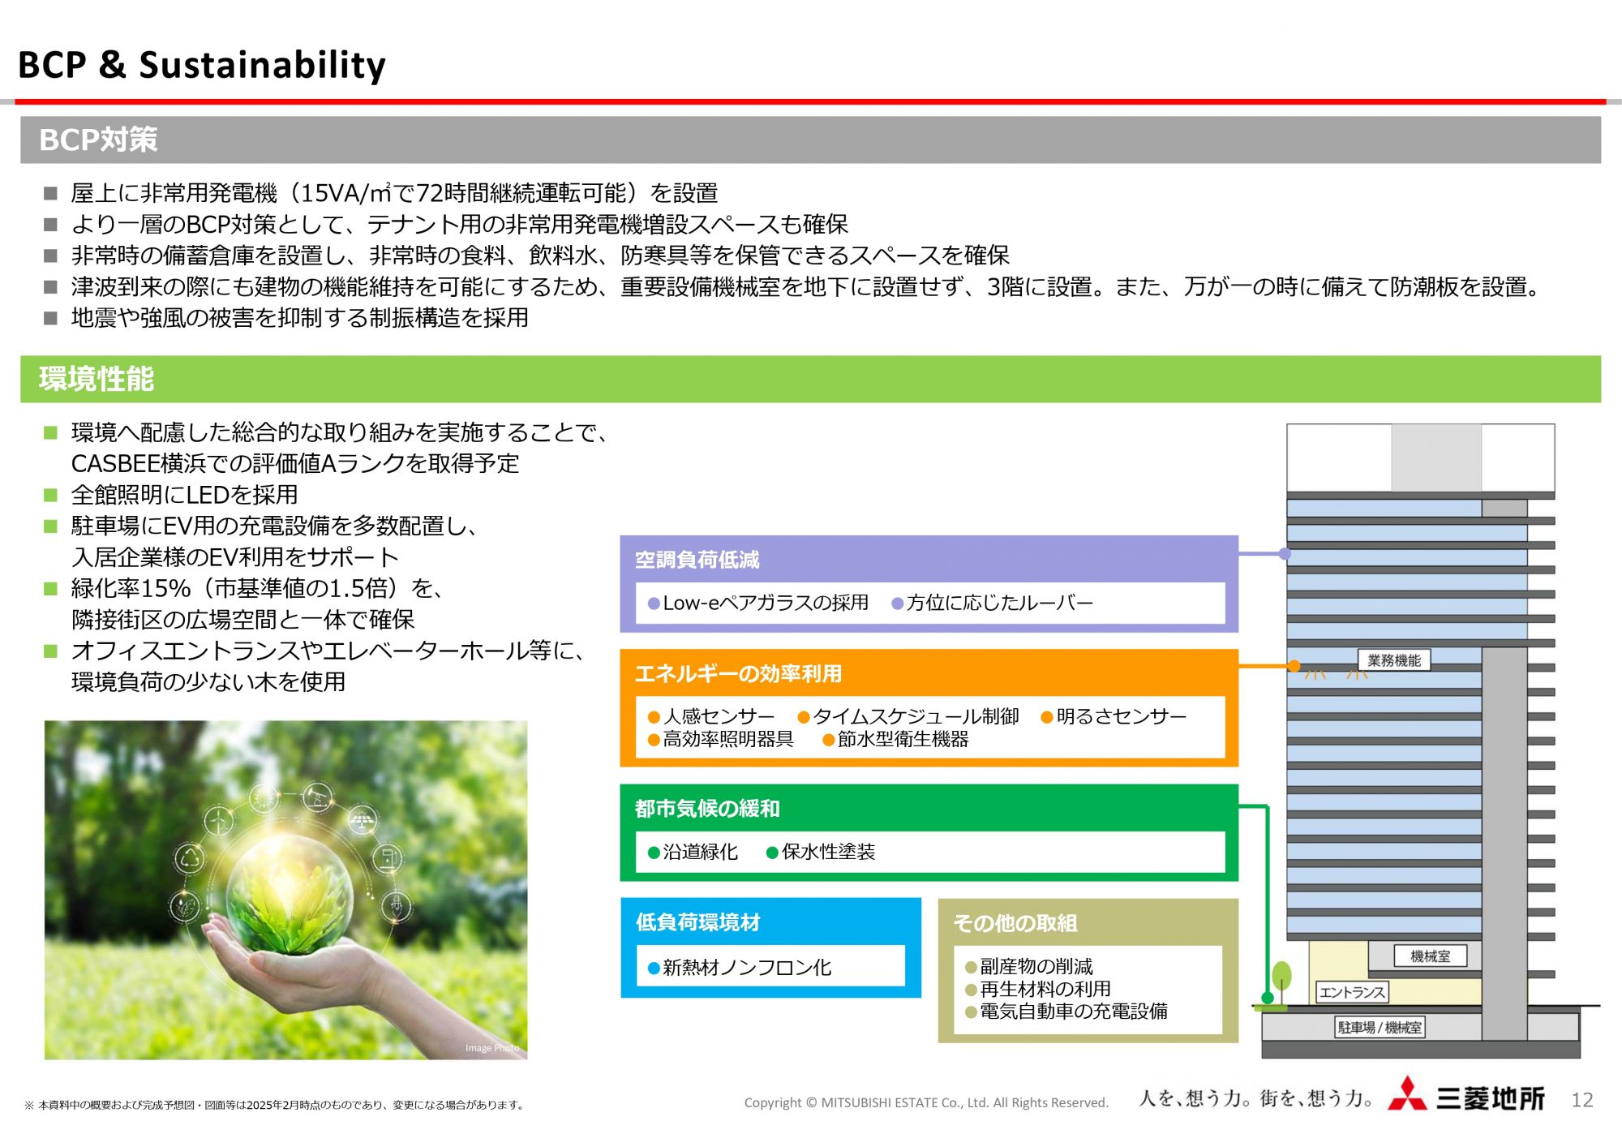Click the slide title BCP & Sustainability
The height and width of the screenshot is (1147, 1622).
202,65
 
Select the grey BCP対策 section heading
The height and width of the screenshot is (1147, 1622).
98,140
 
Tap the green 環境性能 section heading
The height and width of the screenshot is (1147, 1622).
97,379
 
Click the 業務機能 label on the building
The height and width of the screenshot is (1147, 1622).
1394,660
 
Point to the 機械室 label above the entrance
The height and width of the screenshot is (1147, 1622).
1431,956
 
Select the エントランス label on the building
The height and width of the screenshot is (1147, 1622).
1352,992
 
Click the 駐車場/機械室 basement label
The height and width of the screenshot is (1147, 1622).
1380,1028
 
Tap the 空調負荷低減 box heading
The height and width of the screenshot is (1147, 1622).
697,560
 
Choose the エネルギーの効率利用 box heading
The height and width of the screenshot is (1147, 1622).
739,673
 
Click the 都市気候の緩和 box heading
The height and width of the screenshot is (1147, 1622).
707,809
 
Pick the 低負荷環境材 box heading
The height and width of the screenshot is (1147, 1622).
698,922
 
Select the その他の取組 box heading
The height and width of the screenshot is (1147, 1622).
1015,923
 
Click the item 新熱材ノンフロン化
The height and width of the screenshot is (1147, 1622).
747,968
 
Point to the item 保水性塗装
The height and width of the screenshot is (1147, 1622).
828,852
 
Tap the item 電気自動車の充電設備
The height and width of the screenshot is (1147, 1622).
1074,1012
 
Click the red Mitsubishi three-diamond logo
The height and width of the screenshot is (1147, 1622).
1407,1094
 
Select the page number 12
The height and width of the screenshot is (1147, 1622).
1582,1100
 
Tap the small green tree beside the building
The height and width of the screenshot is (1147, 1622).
1281,982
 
